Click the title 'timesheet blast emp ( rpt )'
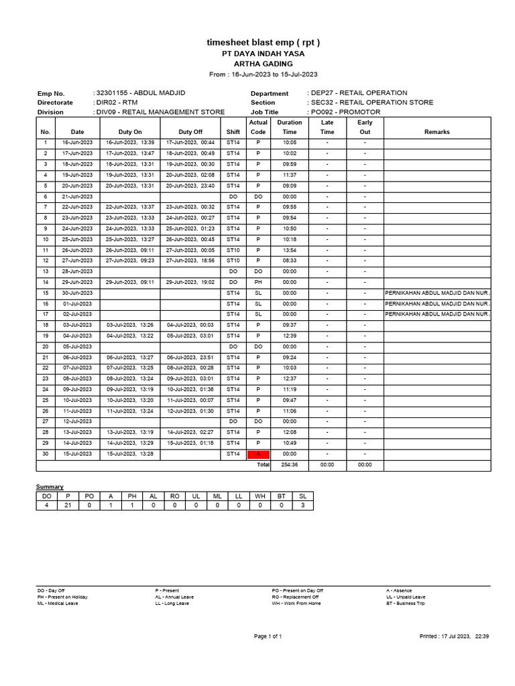point(263,43)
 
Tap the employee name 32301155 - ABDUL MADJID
point(141,92)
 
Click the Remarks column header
point(437,132)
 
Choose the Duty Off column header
point(190,132)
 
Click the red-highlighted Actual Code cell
point(258,454)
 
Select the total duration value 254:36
point(290,464)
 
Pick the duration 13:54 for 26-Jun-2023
point(290,250)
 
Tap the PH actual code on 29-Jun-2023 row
point(258,282)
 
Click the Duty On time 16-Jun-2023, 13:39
point(130,143)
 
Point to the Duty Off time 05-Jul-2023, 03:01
point(190,336)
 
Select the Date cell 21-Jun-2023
point(78,196)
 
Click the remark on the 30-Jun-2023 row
point(437,293)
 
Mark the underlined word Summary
point(50,486)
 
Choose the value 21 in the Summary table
point(67,505)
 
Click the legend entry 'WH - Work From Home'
point(296,603)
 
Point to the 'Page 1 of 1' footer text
point(268,636)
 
